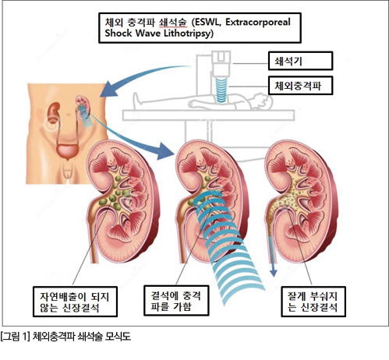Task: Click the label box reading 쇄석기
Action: coord(300,61)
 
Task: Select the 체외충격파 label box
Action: coord(300,86)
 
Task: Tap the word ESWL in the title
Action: coord(207,23)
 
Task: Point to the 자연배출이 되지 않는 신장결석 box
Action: coord(75,302)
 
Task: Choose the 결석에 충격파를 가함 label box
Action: coord(176,301)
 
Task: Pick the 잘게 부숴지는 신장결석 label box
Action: coord(313,302)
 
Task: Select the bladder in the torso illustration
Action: coord(67,150)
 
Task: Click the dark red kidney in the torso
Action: coord(53,112)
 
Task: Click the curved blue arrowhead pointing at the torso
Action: coord(107,90)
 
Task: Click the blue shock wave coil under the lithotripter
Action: coord(221,90)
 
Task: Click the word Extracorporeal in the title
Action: coord(258,23)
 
